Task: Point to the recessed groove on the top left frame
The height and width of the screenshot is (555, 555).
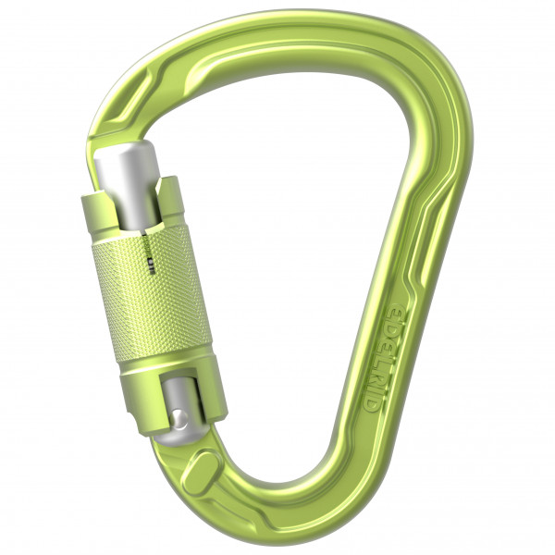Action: pos(139,88)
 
